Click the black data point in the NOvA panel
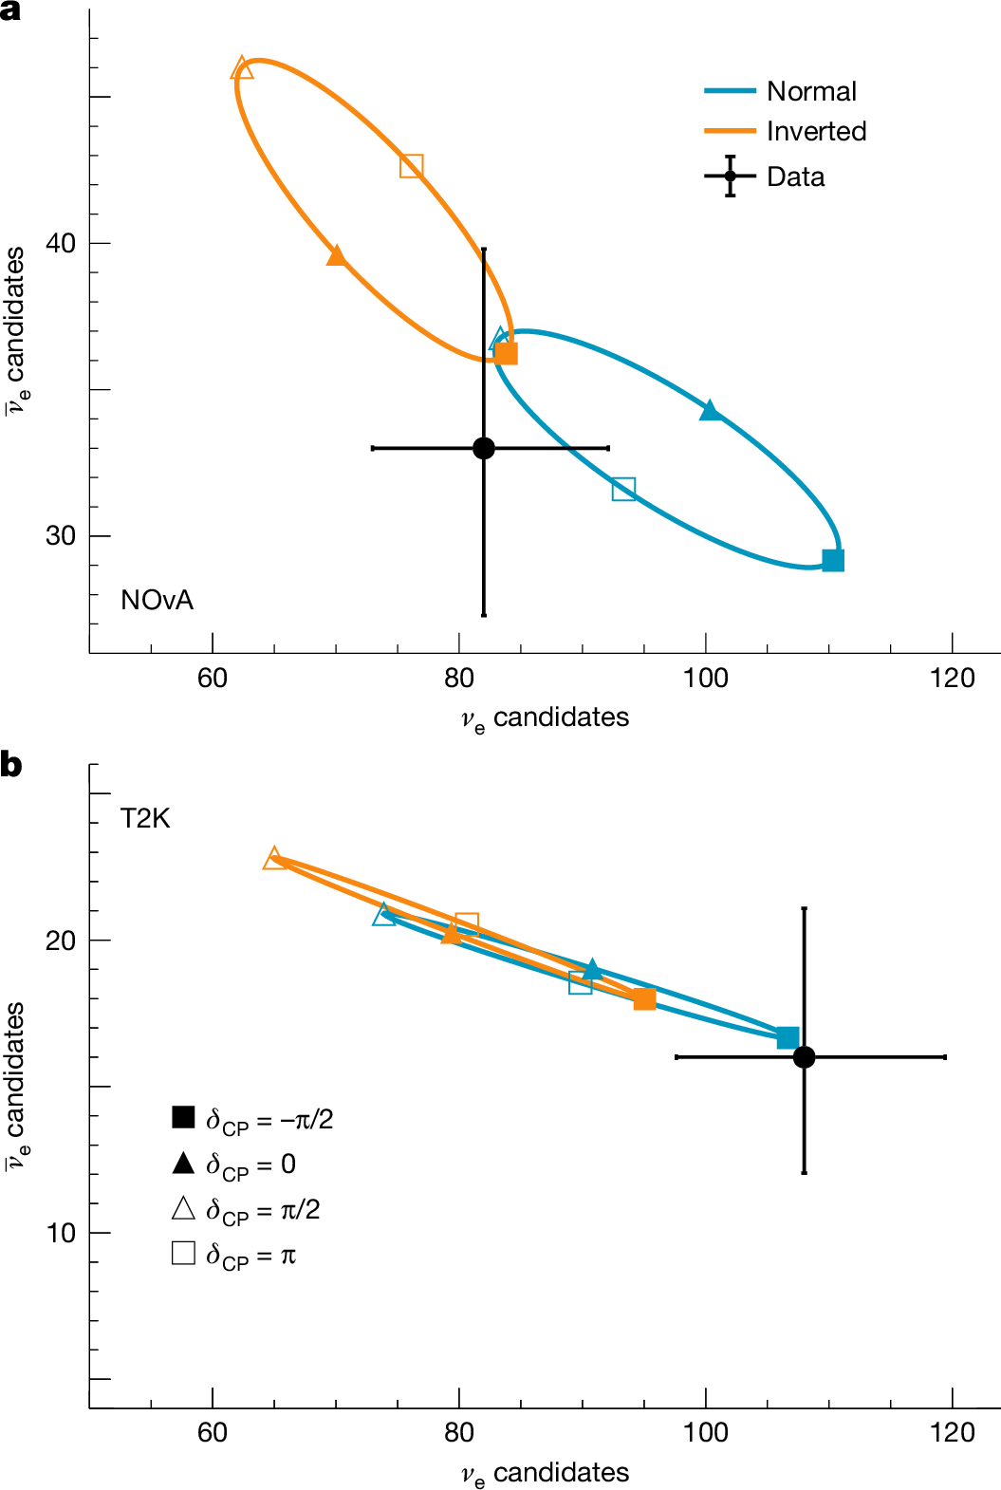(x=484, y=448)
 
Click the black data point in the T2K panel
(x=804, y=1057)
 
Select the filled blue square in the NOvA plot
(x=833, y=560)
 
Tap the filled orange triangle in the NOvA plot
(x=336, y=255)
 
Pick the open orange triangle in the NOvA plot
(x=243, y=68)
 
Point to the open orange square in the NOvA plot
(x=411, y=166)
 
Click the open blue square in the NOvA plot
(x=623, y=490)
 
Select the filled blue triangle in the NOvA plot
(x=710, y=411)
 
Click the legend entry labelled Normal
(x=810, y=91)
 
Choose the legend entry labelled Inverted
(x=816, y=131)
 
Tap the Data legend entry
(x=795, y=177)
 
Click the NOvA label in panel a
(x=157, y=600)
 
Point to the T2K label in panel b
(x=145, y=818)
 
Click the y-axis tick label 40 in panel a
(x=61, y=243)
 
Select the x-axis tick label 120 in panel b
(x=952, y=1432)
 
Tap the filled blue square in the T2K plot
(x=788, y=1037)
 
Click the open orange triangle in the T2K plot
(x=274, y=858)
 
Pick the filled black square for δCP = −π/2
(x=183, y=1117)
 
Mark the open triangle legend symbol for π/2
(x=183, y=1208)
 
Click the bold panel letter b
(x=11, y=765)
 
